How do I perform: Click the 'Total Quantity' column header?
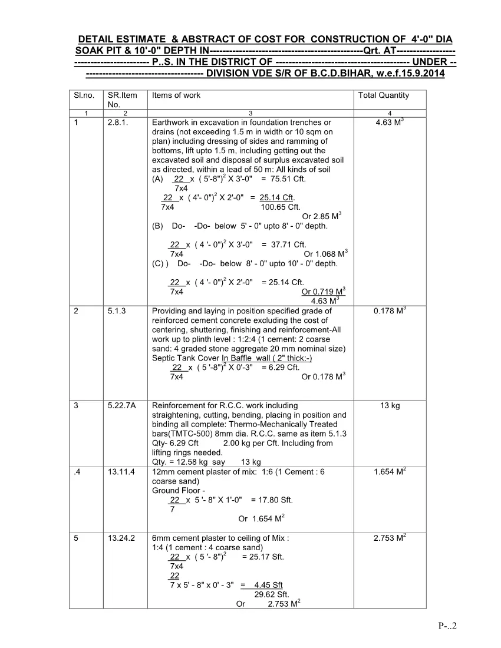pyautogui.click(x=383, y=95)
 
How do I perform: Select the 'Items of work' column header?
pyautogui.click(x=176, y=95)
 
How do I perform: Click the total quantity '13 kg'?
pyautogui.click(x=390, y=405)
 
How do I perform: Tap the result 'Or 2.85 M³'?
pyautogui.click(x=321, y=216)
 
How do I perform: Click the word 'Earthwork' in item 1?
pyautogui.click(x=171, y=123)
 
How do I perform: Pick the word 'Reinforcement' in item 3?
pyautogui.click(x=177, y=405)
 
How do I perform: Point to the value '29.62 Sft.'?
pyautogui.click(x=271, y=594)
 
